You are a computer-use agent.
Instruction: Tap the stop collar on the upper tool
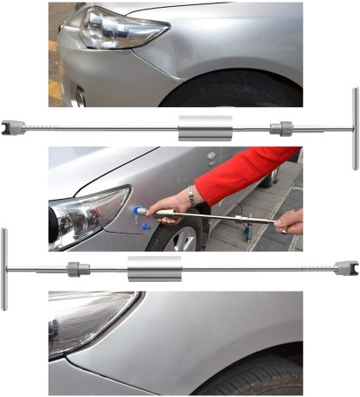click(280, 129)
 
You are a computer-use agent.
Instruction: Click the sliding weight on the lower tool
click(154, 268)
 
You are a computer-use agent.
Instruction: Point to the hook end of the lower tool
click(347, 268)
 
